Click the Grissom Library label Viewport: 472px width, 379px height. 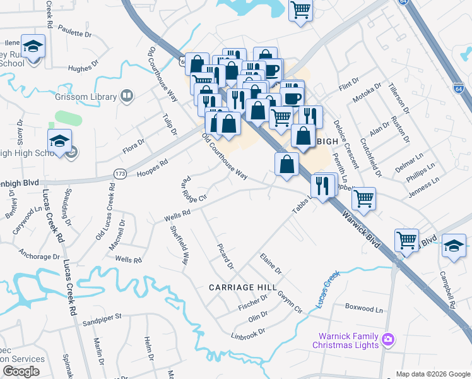tap(90, 97)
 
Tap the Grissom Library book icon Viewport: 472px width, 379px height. tap(127, 96)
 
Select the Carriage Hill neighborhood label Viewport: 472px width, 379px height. tap(243, 287)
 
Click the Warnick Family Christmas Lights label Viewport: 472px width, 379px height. tap(345, 340)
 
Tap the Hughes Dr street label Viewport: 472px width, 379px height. tap(81, 68)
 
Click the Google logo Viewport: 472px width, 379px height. tap(21, 371)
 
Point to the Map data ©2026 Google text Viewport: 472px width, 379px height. tap(433, 374)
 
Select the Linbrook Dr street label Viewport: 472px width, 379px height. tap(248, 333)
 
